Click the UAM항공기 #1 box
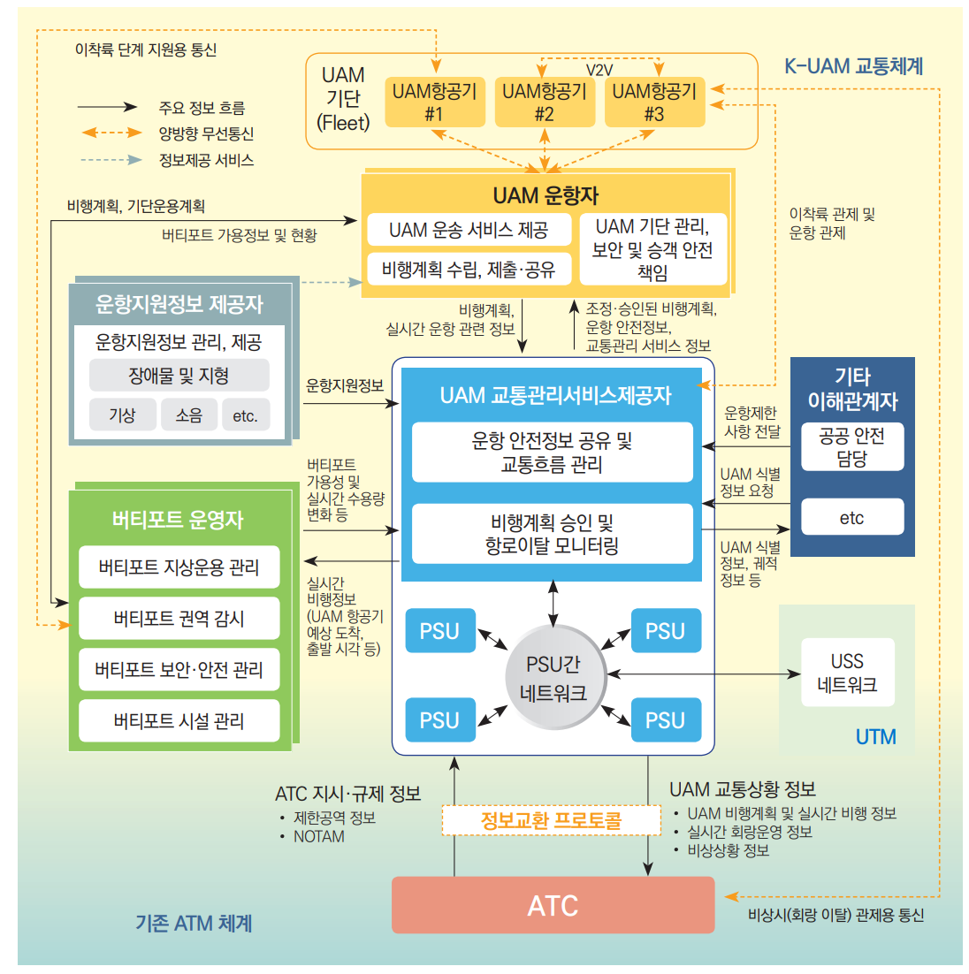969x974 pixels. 433,103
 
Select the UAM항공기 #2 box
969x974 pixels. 544,103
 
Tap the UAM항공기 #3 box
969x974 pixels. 653,103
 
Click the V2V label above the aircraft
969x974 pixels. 599,70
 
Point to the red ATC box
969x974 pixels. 553,905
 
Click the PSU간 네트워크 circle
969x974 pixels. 553,678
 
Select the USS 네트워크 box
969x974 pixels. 847,673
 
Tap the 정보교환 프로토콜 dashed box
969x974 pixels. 551,820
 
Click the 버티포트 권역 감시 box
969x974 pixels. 179,619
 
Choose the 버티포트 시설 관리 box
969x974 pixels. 179,721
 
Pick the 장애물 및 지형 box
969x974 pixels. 179,376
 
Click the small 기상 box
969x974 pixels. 122,415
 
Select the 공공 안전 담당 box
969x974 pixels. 851,447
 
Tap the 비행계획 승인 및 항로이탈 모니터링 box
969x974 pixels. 553,534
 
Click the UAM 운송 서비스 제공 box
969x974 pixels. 469,231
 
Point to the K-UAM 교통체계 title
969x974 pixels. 853,66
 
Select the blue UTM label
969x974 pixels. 875,736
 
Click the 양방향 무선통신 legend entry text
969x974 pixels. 206,133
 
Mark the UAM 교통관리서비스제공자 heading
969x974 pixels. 555,395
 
